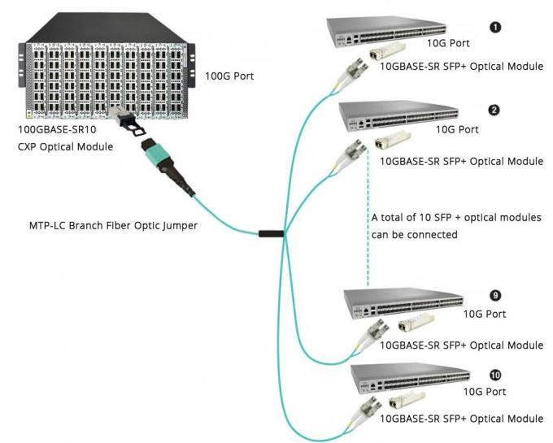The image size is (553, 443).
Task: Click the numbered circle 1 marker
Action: (x=495, y=28)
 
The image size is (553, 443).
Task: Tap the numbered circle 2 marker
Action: (x=495, y=110)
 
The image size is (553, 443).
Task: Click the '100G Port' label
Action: (x=231, y=77)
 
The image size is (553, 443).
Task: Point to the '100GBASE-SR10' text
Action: (x=55, y=131)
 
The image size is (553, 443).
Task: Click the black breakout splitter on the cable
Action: (x=271, y=236)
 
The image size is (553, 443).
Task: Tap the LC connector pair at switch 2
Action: (x=354, y=151)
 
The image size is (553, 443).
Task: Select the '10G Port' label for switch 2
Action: (x=458, y=129)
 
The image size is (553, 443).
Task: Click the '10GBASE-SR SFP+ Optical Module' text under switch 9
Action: (x=462, y=345)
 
